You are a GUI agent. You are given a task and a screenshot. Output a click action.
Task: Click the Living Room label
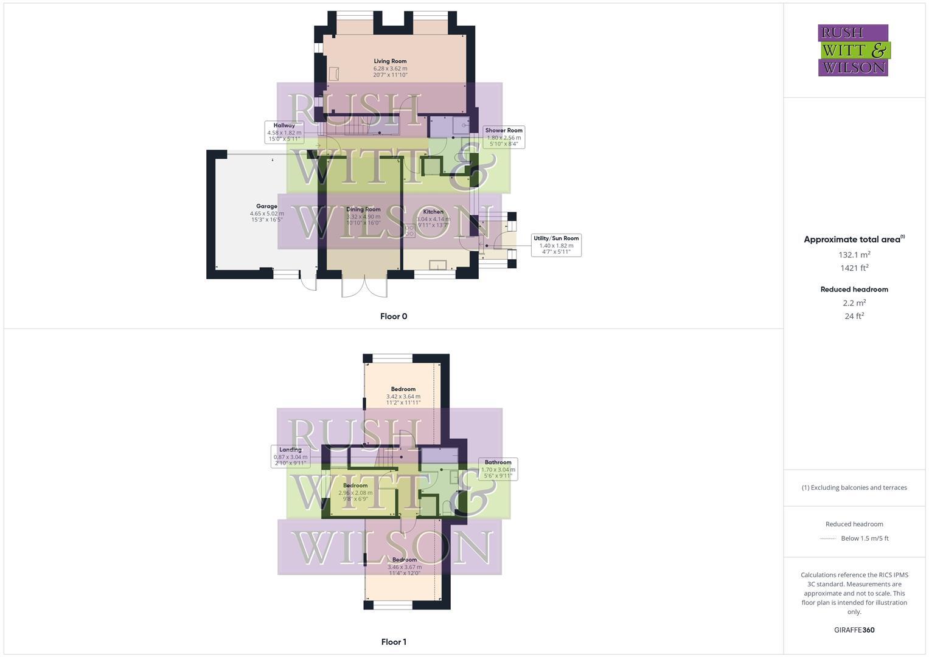click(390, 61)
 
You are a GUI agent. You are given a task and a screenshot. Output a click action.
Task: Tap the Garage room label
click(266, 207)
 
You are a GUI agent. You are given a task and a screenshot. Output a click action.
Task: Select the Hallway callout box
click(284, 132)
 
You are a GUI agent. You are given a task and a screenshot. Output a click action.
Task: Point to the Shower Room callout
click(504, 137)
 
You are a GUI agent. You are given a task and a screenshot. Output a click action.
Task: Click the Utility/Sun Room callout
click(556, 245)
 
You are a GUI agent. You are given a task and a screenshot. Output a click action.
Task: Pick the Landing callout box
click(290, 456)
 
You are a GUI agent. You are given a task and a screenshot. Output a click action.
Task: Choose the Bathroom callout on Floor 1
click(498, 469)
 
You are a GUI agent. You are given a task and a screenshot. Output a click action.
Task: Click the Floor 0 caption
click(394, 316)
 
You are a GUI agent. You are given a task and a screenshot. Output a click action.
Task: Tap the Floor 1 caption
click(394, 642)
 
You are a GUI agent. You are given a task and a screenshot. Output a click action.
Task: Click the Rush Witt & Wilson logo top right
click(853, 50)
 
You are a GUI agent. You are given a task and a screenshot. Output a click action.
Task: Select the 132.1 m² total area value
click(854, 254)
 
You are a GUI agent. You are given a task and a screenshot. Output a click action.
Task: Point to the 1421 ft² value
click(854, 268)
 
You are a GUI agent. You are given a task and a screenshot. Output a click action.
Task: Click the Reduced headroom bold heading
click(854, 290)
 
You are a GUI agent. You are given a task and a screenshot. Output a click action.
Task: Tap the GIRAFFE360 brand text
click(854, 630)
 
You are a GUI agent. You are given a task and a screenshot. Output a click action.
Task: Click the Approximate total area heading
click(853, 240)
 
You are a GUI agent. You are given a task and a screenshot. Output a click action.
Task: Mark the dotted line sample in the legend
click(828, 538)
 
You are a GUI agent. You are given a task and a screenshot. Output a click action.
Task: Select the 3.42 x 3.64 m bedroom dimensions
click(403, 396)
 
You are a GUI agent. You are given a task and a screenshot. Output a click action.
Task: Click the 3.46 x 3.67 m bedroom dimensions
click(405, 567)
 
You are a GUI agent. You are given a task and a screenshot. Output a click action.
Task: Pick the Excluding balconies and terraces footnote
click(854, 487)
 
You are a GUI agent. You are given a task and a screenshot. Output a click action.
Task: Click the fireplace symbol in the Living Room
click(333, 74)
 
